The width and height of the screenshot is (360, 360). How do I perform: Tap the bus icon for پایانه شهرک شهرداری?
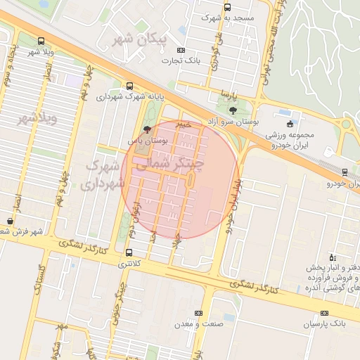click(129, 86)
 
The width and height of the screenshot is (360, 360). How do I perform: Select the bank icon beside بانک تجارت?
click(181, 50)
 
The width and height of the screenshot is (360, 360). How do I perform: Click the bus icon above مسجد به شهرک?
click(226, 8)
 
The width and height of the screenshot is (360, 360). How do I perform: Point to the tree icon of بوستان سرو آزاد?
click(233, 110)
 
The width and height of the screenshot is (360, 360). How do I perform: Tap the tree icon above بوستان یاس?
click(146, 129)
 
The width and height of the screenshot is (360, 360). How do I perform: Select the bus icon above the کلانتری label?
click(129, 252)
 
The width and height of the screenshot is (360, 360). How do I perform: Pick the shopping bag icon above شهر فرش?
click(9, 221)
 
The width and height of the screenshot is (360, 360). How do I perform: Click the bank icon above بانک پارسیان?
click(324, 313)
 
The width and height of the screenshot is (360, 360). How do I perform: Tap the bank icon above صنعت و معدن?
click(198, 313)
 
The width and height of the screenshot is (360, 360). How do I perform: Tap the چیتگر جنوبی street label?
click(123, 299)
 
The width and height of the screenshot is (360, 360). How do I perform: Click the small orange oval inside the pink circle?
click(191, 181)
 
